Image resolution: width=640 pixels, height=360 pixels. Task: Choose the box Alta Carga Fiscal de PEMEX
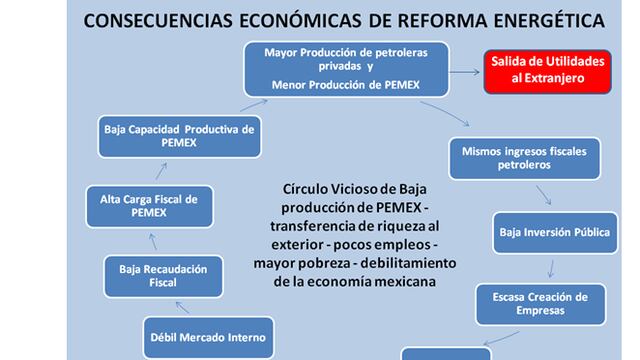149,207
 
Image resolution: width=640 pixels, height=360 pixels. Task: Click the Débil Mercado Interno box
208,336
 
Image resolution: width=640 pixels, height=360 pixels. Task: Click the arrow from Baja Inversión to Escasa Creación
552,267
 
